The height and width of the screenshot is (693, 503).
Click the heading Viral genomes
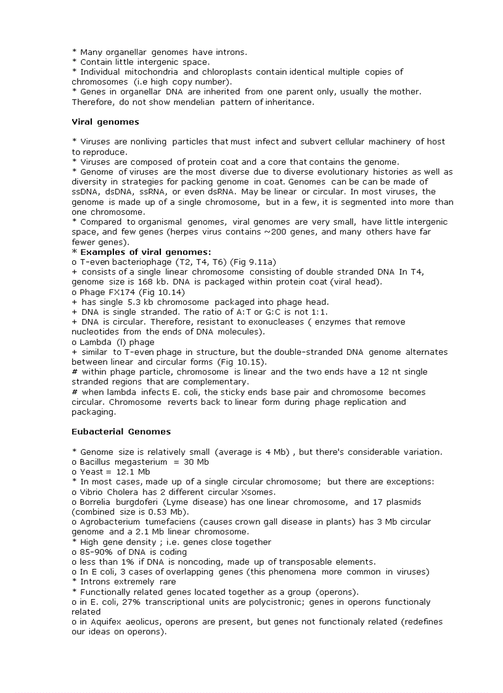pos(105,122)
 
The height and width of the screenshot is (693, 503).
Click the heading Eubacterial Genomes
pos(121,431)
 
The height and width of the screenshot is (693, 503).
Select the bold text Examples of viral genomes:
pos(145,252)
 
